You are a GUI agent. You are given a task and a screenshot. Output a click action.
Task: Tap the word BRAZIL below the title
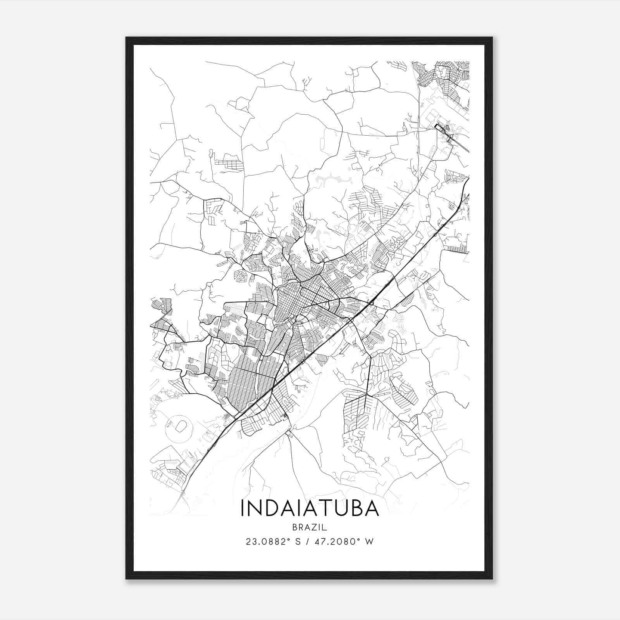point(310,527)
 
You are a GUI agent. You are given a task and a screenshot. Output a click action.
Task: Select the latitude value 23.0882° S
point(274,542)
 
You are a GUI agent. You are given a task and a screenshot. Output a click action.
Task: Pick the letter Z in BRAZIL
point(315,527)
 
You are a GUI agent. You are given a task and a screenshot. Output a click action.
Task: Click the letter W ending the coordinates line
point(370,542)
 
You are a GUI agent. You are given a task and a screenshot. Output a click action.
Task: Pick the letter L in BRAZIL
point(325,527)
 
